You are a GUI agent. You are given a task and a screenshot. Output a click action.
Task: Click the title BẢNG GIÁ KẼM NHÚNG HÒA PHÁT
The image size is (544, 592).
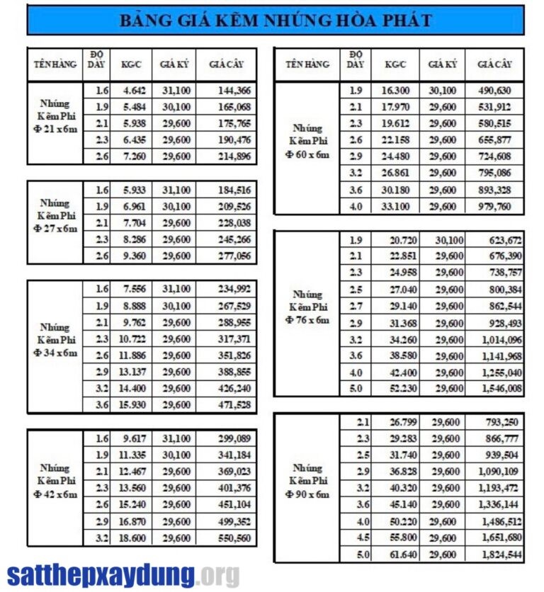coord(275,20)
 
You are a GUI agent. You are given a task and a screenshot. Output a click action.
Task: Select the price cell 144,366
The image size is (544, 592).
coord(226,91)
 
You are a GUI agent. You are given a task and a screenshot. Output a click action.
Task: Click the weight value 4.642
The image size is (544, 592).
coord(134,91)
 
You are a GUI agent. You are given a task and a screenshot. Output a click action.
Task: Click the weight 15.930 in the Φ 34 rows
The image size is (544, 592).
coord(134,405)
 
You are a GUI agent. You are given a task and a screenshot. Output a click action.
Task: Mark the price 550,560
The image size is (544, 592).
coord(226,539)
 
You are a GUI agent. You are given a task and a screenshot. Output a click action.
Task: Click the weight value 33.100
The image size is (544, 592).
coord(395,206)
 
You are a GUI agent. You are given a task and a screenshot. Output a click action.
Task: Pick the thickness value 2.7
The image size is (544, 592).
coord(356,306)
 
